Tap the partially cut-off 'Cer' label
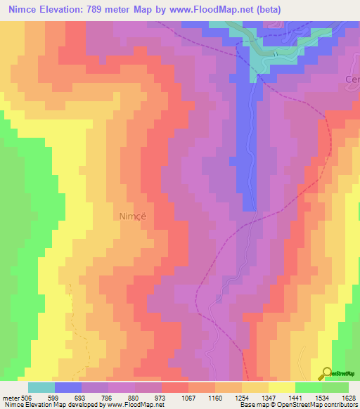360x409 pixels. pos(352,80)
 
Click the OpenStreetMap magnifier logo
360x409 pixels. pos(326,373)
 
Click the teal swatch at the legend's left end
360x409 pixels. pos(41,387)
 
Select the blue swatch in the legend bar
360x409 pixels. pos(68,387)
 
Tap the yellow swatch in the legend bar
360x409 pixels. pos(281,387)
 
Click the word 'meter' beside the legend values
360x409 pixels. pos(10,397)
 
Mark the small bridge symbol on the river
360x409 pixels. pos(275,53)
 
